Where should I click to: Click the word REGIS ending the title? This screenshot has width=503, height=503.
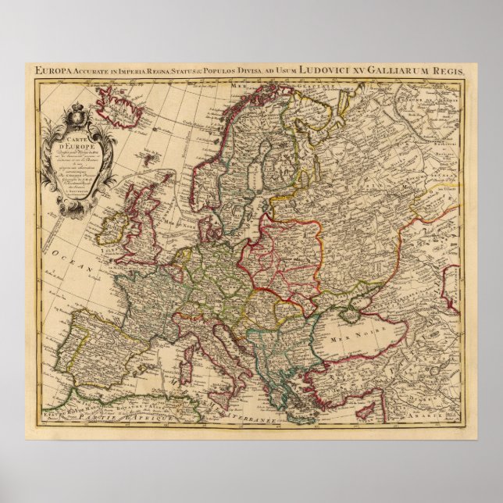click(x=455, y=70)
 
